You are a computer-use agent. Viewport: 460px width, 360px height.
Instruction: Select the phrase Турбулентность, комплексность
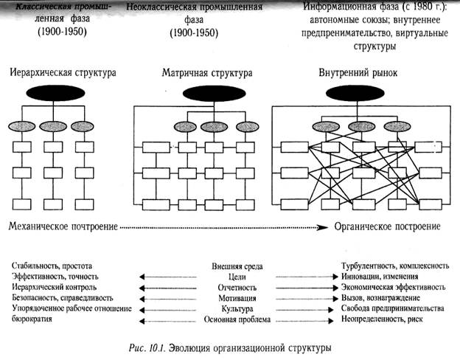click(x=394, y=264)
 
